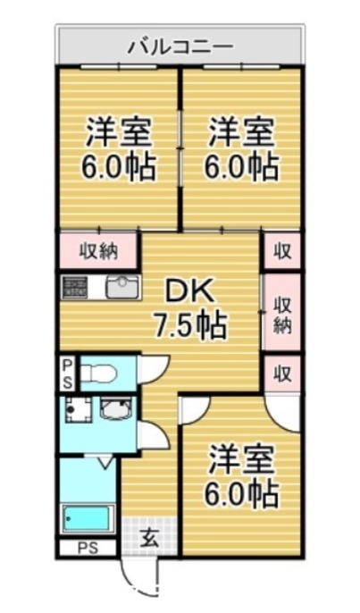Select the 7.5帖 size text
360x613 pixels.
click(x=188, y=323)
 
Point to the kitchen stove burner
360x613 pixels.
click(x=73, y=287)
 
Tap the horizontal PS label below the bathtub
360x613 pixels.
click(x=86, y=548)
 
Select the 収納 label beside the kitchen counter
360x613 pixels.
click(x=97, y=251)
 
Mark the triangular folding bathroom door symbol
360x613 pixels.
click(x=103, y=463)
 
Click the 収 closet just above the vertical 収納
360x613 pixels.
click(x=282, y=251)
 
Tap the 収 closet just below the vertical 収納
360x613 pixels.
click(x=282, y=371)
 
